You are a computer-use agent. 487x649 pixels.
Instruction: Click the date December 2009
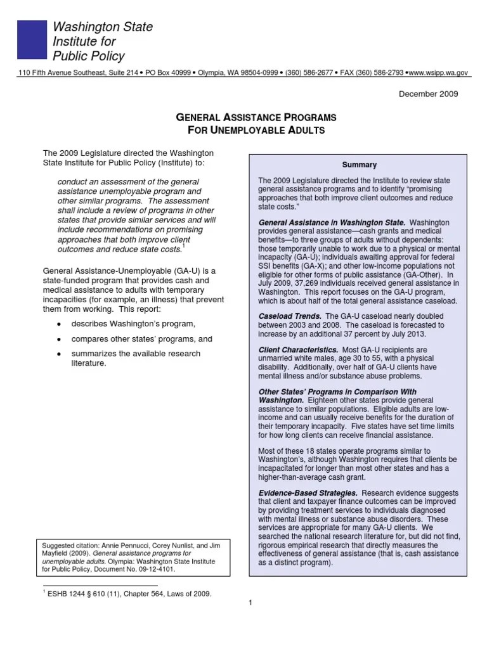[428, 94]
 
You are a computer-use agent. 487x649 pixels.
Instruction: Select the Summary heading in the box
[359, 165]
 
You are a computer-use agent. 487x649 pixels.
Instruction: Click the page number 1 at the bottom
[250, 603]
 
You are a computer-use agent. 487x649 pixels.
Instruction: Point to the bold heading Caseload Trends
[290, 316]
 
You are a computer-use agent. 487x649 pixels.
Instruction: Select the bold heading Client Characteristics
[298, 350]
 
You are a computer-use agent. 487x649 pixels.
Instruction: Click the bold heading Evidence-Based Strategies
[308, 492]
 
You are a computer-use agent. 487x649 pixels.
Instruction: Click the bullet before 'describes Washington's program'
[58, 324]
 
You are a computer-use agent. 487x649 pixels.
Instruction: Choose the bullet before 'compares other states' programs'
[58, 339]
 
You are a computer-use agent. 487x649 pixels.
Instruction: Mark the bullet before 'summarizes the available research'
[58, 354]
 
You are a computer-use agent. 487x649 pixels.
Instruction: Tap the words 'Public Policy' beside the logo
[88, 56]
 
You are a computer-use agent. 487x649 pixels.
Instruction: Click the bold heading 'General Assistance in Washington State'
[332, 222]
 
